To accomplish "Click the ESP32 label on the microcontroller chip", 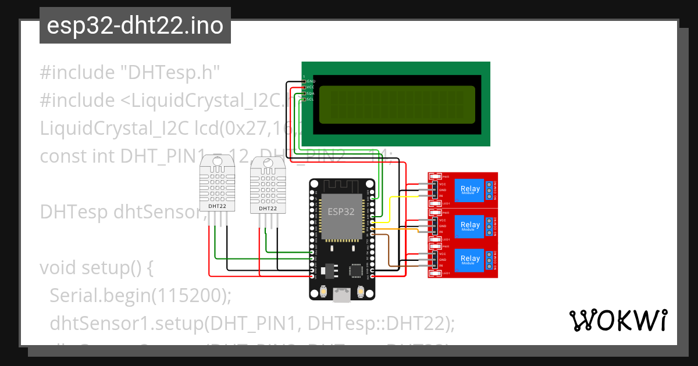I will tap(340, 211).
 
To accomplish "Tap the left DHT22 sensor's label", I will tap(217, 206).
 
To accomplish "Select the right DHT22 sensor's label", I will tap(268, 208).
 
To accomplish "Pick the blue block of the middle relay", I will tap(470, 225).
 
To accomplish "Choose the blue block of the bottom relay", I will tap(470, 259).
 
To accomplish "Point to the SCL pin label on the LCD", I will tap(310, 99).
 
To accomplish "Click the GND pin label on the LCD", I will tap(311, 81).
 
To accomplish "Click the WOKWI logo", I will tap(618, 320).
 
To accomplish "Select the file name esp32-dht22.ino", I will tap(135, 26).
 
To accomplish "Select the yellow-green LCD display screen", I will tap(397, 105).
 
